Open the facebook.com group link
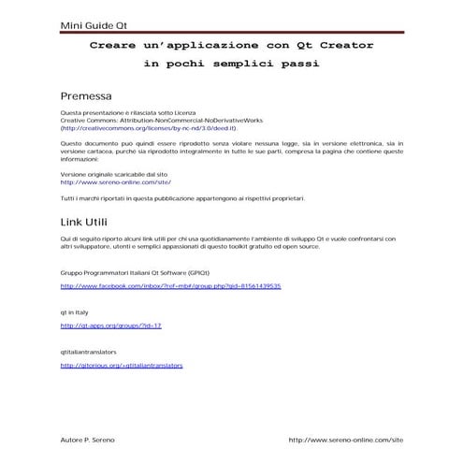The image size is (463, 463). pyautogui.click(x=170, y=285)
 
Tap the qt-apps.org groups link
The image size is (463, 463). pyautogui.click(x=111, y=326)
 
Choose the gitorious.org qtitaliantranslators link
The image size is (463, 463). pyautogui.click(x=122, y=366)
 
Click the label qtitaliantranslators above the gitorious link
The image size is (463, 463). pyautogui.click(x=88, y=351)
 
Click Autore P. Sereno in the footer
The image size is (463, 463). pyautogui.click(x=88, y=439)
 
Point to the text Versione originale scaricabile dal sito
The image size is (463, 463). pyautogui.click(x=113, y=174)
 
